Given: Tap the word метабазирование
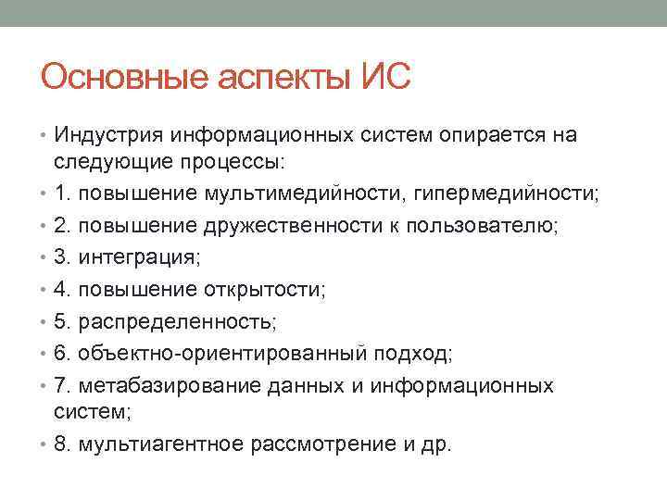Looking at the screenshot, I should pyautogui.click(x=158, y=385).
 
